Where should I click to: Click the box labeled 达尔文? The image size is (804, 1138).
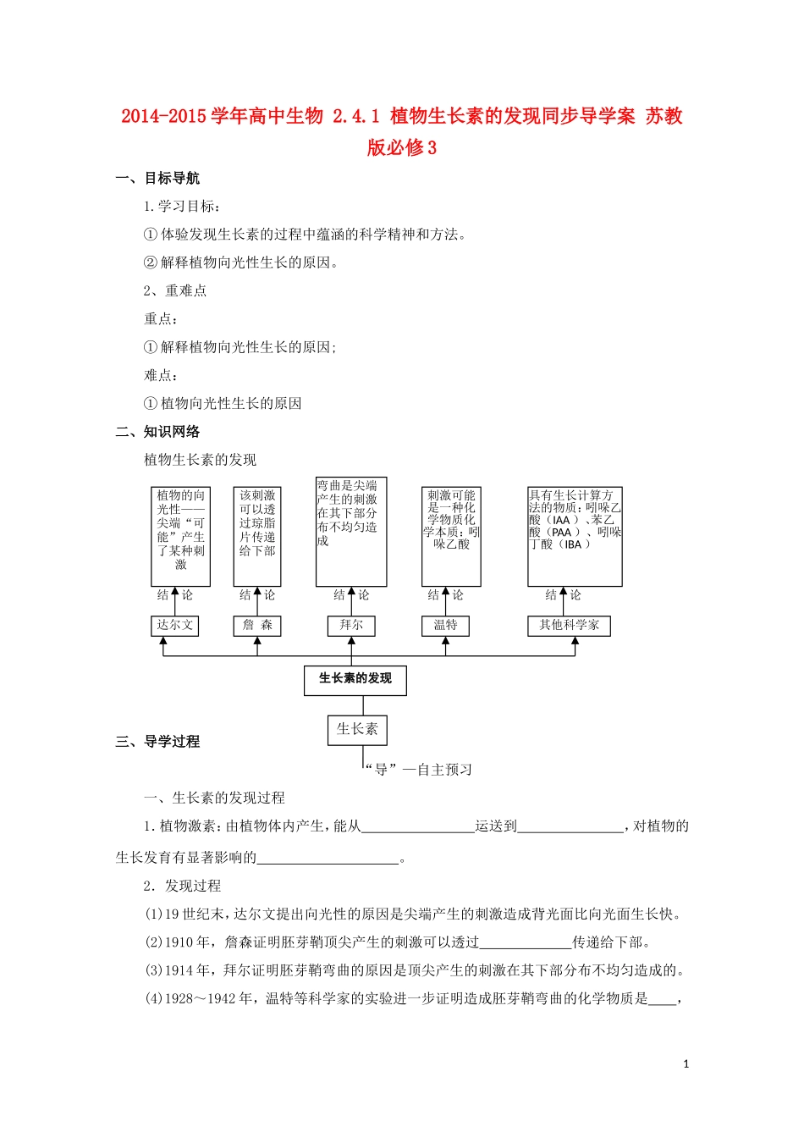(174, 626)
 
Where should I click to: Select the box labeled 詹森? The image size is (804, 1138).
(257, 626)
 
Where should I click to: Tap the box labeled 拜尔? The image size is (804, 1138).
(351, 626)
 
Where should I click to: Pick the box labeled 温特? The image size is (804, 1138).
(445, 626)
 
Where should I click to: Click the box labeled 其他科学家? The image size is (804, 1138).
(569, 626)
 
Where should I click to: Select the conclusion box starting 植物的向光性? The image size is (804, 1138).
(180, 536)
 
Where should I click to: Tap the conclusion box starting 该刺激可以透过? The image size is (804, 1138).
(257, 536)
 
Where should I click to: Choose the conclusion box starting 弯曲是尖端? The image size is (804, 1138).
(351, 531)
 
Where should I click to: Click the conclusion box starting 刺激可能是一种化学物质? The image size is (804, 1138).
(451, 536)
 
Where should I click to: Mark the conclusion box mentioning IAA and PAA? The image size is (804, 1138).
(575, 536)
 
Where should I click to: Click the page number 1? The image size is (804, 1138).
(686, 1064)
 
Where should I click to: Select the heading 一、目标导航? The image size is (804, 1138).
(157, 179)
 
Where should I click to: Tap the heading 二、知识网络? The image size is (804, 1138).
(157, 432)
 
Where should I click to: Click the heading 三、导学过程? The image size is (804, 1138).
(157, 742)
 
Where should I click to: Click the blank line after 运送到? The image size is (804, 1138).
(570, 827)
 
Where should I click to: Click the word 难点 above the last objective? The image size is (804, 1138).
(158, 375)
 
